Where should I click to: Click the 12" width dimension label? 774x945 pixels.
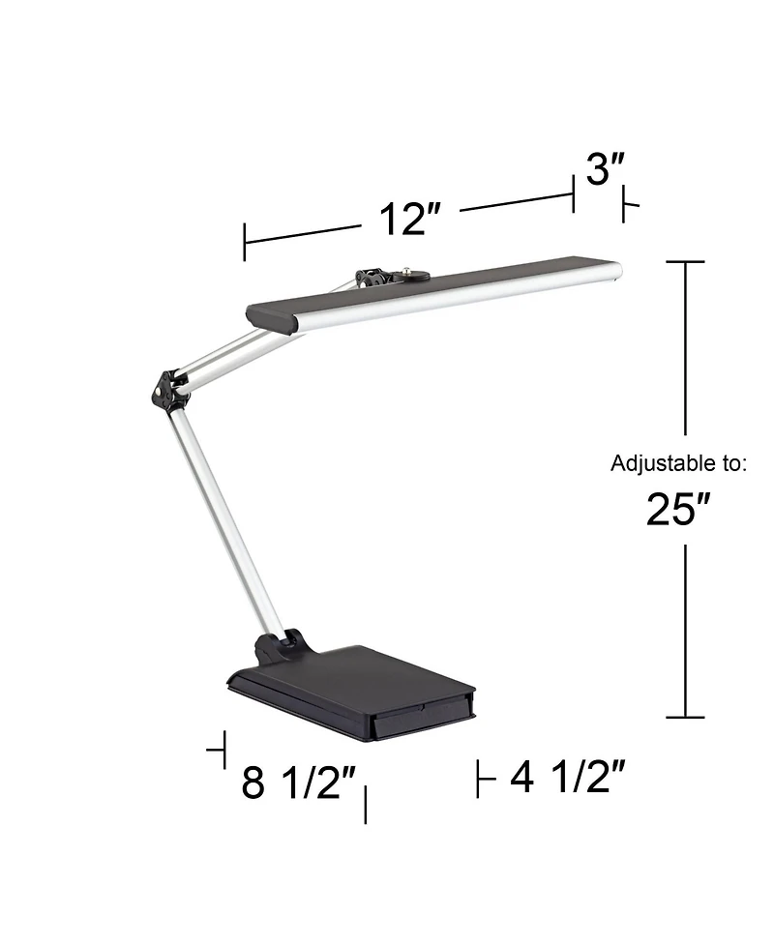[x=402, y=221]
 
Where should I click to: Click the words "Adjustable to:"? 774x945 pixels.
[x=678, y=463]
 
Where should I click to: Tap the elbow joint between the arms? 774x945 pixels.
[x=167, y=388]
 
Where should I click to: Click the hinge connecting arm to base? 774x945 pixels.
[x=279, y=643]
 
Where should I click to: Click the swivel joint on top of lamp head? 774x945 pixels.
[x=372, y=279]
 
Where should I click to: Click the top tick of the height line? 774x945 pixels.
[x=686, y=262]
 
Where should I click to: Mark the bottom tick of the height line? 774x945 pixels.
[x=686, y=717]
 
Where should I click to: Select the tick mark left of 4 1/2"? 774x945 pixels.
[x=479, y=779]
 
